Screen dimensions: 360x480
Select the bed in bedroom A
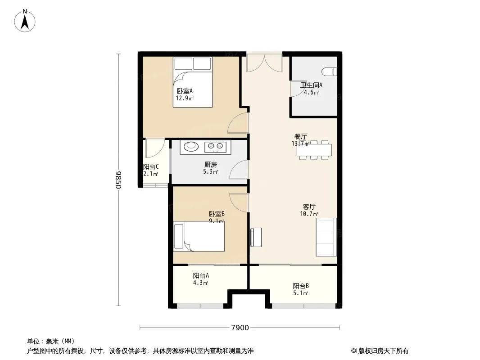coord(193,82)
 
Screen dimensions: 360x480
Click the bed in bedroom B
coord(199,236)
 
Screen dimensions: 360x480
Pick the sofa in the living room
coord(326,237)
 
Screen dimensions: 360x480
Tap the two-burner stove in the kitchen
coord(215,146)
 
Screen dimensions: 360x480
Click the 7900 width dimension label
coord(240,328)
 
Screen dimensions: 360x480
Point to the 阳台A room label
coord(201,275)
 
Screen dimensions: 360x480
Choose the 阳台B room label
coord(300,286)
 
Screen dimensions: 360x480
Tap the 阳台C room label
coord(150,166)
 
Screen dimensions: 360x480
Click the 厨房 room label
coord(210,165)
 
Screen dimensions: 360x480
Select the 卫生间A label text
coord(311,85)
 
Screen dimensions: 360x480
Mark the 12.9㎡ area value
coord(185,98)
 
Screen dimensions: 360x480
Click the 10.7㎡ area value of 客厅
coord(309,214)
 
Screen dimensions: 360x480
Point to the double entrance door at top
coord(264,63)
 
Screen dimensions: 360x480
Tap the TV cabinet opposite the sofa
coord(256,237)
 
